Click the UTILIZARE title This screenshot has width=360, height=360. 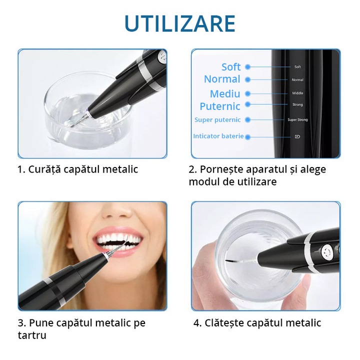click(x=180, y=23)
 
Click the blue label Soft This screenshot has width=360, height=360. click(x=231, y=67)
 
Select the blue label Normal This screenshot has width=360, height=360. click(x=222, y=79)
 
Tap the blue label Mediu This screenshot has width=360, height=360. click(x=225, y=93)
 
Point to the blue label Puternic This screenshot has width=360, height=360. click(x=220, y=106)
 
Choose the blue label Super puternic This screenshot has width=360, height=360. click(x=217, y=120)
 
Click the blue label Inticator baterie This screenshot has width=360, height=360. click(x=218, y=136)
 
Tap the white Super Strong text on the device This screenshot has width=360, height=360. click(x=297, y=120)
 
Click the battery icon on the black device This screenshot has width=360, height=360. click(x=297, y=136)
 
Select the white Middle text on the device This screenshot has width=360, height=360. click(x=297, y=93)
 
